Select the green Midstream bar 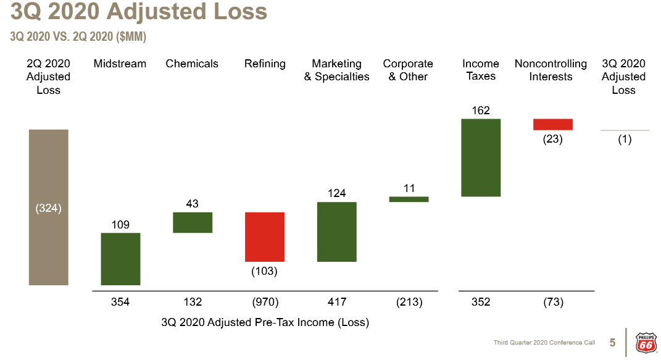coord(120,259)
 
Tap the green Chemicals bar coord(193,222)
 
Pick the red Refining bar coord(265,237)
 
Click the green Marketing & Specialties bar coord(337,232)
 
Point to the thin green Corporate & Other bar coord(409,199)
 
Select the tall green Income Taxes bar coord(481,157)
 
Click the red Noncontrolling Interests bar coord(553,124)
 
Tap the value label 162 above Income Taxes coord(481,111)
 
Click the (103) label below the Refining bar coord(265,271)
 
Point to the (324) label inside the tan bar coord(48,208)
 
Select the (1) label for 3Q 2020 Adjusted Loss coord(625,140)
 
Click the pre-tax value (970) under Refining coord(265,302)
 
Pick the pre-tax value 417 coord(337,302)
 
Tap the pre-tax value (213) coord(409,302)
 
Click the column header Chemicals coord(192,64)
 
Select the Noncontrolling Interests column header coord(551,70)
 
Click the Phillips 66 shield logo coord(645,342)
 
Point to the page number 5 coord(612,343)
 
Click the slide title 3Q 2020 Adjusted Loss coord(139,12)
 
